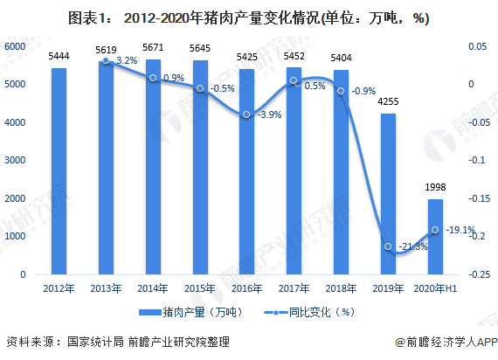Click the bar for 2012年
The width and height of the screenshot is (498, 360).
pyautogui.click(x=59, y=171)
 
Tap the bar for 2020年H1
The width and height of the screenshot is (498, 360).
pyautogui.click(x=435, y=237)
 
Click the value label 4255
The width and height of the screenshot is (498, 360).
pyautogui.click(x=388, y=103)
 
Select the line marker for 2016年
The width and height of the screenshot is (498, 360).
pyautogui.click(x=247, y=114)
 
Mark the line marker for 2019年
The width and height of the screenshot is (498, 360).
pyautogui.click(x=388, y=246)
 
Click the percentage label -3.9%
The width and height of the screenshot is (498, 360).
pyautogui.click(x=270, y=115)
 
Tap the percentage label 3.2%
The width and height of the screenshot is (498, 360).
pyautogui.click(x=127, y=61)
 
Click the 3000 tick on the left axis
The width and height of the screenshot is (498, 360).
pyautogui.click(x=15, y=161)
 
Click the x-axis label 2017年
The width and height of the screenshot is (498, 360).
pyautogui.click(x=294, y=289)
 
